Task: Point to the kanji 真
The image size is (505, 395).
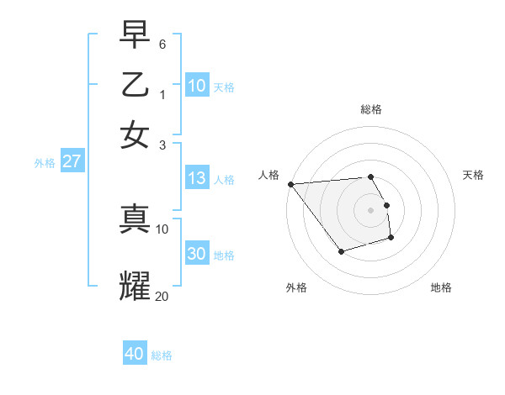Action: click(135, 218)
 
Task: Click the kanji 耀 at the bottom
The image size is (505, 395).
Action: click(135, 286)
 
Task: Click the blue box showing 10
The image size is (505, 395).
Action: click(197, 86)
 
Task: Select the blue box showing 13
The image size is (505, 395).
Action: click(197, 178)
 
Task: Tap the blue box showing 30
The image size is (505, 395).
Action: click(197, 255)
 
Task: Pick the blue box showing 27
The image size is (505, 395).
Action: click(72, 161)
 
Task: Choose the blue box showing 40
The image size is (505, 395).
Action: click(135, 354)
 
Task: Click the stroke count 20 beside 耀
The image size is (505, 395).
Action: click(162, 296)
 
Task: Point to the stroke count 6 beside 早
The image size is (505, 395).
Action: click(162, 43)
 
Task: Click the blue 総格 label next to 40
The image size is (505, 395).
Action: click(162, 355)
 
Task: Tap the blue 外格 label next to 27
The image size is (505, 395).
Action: click(45, 163)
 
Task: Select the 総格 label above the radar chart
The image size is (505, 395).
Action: click(371, 109)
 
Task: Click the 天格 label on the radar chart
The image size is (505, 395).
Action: click(474, 175)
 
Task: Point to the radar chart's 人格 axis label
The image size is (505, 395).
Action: click(268, 175)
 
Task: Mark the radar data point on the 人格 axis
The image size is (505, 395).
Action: click(290, 184)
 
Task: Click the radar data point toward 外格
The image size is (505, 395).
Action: click(341, 251)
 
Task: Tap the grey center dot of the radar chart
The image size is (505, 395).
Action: click(371, 210)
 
